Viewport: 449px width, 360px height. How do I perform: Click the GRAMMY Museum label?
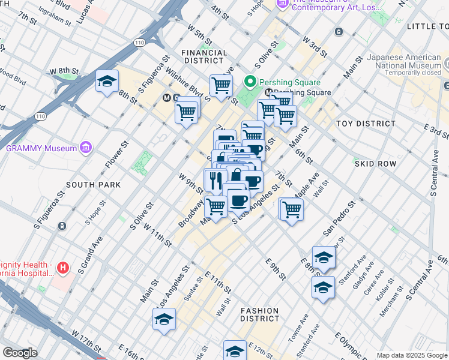coord(40,148)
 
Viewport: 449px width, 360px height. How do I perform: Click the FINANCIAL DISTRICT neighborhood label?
coord(205,56)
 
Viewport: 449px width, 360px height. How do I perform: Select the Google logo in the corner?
coord(20,353)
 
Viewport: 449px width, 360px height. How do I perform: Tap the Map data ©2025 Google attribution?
coord(412,355)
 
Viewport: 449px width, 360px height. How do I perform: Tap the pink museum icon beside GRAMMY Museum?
coord(86,148)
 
